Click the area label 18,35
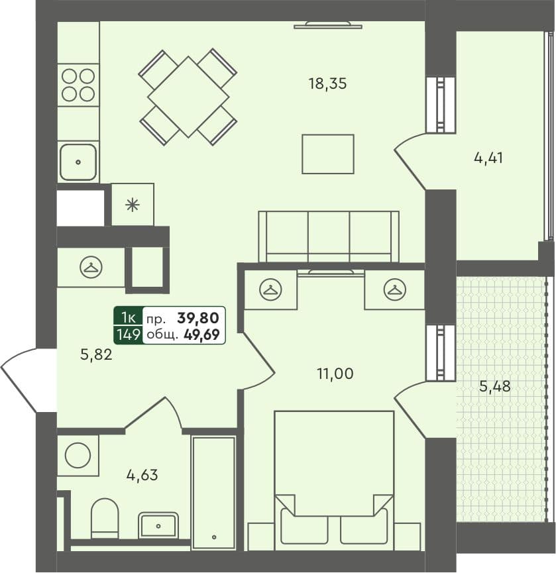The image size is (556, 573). click(x=327, y=83)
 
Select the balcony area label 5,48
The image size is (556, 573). click(x=494, y=386)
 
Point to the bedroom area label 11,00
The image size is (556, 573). click(x=335, y=374)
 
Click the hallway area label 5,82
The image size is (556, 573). click(x=96, y=354)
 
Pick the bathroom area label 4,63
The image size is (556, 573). click(x=142, y=474)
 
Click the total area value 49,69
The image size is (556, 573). click(x=201, y=335)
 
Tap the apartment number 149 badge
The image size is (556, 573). click(x=127, y=335)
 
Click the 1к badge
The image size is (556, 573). click(x=127, y=317)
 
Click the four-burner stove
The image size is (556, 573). click(x=78, y=85)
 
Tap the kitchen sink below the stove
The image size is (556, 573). click(x=78, y=162)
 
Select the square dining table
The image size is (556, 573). click(x=188, y=97)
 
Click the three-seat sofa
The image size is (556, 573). click(x=329, y=236)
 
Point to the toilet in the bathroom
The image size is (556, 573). click(x=104, y=517)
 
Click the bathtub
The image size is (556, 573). click(x=213, y=492)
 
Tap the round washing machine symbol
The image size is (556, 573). click(x=78, y=455)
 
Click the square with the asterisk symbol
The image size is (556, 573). click(x=133, y=205)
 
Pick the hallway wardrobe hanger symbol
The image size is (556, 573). click(x=90, y=268)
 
